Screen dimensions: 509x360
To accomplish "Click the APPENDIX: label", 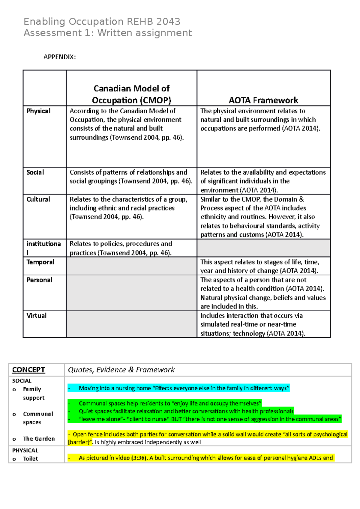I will [x=59, y=57].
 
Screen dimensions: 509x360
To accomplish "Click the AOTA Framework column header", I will [x=263, y=100].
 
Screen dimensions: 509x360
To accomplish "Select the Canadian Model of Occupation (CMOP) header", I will [x=131, y=94].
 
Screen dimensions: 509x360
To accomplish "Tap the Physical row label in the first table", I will [x=38, y=111].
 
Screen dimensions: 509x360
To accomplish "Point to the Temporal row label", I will [x=40, y=262].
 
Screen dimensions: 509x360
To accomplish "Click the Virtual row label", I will [x=36, y=315].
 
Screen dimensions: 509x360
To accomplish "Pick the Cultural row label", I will [x=38, y=199].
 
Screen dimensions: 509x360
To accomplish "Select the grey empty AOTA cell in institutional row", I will [x=263, y=248].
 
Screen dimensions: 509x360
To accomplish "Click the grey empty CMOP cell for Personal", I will [x=131, y=293].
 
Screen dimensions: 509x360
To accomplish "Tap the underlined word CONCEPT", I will [x=28, y=370].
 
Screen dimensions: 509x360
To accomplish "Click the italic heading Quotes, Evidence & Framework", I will [x=121, y=370].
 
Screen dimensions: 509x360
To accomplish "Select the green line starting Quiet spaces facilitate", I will [x=186, y=411].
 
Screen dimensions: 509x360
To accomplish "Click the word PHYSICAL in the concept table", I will [x=25, y=451].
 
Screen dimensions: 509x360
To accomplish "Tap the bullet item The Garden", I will [x=39, y=439].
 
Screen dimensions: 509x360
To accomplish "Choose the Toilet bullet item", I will [x=30, y=459].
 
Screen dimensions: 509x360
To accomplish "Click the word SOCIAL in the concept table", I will [x=22, y=381].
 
